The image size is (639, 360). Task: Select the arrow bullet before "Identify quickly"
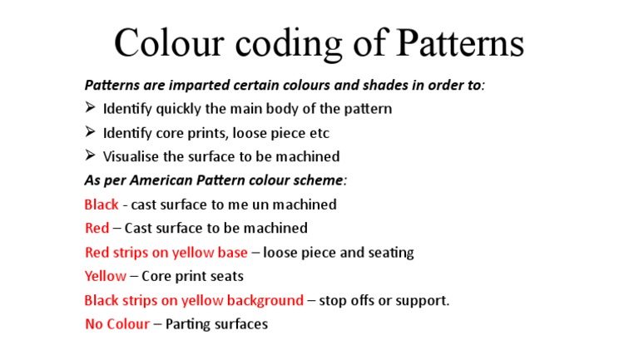pos(91,108)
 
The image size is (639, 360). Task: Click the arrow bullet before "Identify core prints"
pos(91,132)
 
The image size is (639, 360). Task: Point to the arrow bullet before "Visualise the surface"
pos(91,156)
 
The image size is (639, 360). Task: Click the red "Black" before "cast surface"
pos(102,205)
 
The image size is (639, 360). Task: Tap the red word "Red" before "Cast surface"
pos(97,229)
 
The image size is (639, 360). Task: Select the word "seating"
pos(390,253)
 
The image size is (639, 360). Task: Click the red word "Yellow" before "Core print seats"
pos(106,276)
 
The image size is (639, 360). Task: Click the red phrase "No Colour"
pos(117,324)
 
